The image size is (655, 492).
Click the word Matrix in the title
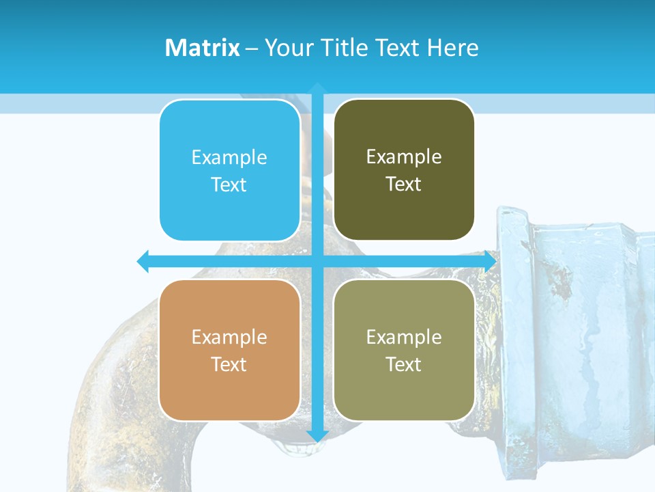click(202, 48)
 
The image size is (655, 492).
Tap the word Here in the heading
click(452, 48)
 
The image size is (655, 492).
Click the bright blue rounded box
click(230, 171)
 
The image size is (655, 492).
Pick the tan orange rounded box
click(230, 350)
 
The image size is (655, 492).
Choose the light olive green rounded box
click(404, 350)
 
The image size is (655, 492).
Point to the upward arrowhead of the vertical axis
click(317, 87)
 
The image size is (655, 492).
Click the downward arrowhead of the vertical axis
click(317, 436)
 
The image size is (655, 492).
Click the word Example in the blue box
click(229, 157)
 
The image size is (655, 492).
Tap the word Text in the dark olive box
click(403, 184)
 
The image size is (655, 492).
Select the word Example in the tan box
click(229, 337)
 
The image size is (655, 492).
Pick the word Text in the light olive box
click(403, 364)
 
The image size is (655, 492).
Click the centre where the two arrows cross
click(317, 261)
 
